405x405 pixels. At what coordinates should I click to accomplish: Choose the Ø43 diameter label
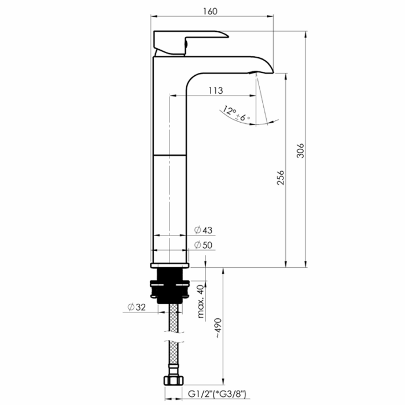(x=204, y=230)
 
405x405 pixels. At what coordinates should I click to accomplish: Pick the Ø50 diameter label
(x=204, y=245)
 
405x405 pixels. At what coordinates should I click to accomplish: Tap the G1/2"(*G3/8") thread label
(x=218, y=395)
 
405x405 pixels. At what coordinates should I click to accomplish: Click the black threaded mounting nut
(x=169, y=286)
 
